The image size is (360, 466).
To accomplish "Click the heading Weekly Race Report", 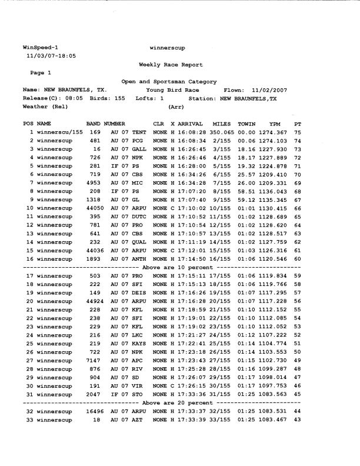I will coord(171,65).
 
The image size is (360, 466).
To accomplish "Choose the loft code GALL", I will coord(139,149).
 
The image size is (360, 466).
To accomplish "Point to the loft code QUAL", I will coord(139,242).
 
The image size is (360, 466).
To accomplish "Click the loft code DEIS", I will coord(139,292).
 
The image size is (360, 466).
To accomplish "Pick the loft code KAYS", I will coord(139,343).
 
